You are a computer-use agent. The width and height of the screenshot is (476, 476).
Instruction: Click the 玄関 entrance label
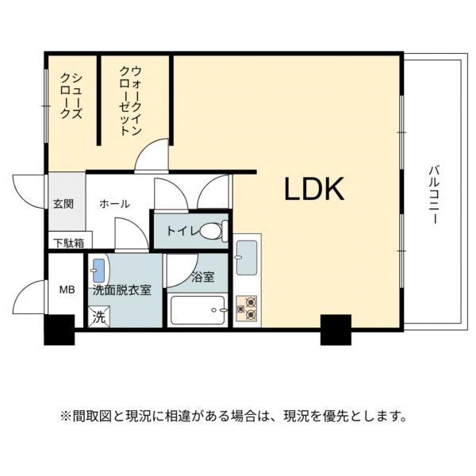coord(63,204)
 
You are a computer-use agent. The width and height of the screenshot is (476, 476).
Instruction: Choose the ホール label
coord(114,204)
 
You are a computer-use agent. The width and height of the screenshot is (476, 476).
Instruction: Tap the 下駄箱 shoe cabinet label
coord(67,242)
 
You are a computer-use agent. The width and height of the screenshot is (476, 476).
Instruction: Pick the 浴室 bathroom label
coord(202,278)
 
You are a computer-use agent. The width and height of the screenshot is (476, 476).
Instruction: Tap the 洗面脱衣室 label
coord(122,290)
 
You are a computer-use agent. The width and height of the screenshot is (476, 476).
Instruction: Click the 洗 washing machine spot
coord(99,317)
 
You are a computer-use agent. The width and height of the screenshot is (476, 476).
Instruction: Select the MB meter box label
coord(67,290)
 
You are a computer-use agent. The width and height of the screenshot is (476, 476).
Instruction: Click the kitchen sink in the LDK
coord(246,255)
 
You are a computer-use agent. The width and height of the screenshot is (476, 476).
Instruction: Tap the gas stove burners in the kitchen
coord(246,308)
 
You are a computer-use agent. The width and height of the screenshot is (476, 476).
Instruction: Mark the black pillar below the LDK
coord(336,329)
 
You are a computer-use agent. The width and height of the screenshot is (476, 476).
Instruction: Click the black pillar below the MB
coord(59,330)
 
